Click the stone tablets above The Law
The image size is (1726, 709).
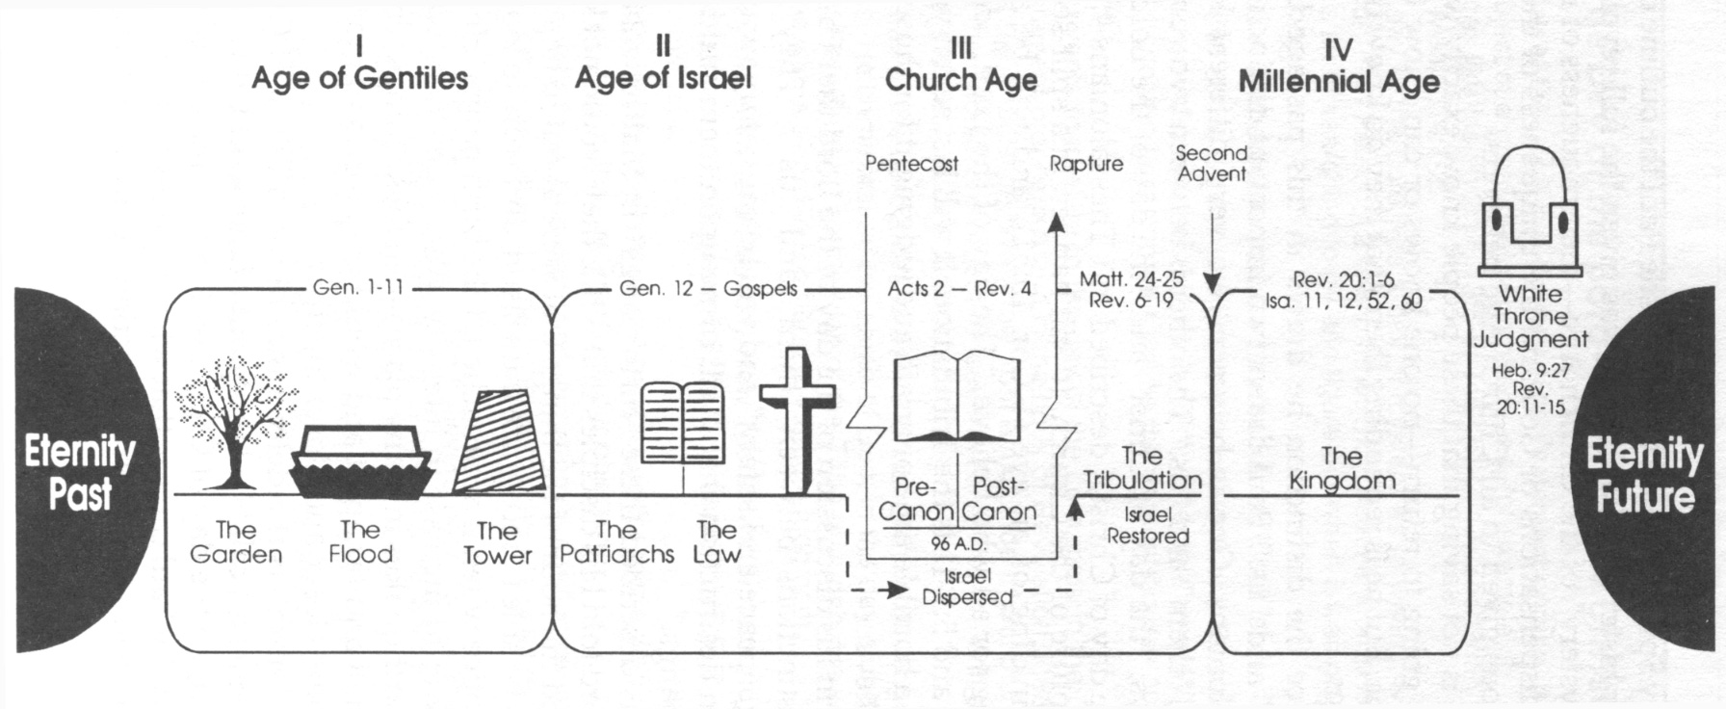[x=683, y=424]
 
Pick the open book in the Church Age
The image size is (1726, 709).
[x=957, y=397]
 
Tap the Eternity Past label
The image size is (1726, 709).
[x=80, y=472]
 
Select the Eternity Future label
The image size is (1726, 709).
[x=1644, y=475]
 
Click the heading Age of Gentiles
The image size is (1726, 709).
[x=359, y=78]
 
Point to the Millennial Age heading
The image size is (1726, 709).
[x=1339, y=81]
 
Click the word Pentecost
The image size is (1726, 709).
[x=911, y=164]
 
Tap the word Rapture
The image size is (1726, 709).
[x=1085, y=164]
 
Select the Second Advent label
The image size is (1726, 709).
[x=1212, y=164]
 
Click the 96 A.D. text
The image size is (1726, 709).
[x=958, y=544]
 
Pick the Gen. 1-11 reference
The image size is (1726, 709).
[x=358, y=287]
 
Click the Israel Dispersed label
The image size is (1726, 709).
[x=967, y=587]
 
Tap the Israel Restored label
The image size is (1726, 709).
[x=1147, y=526]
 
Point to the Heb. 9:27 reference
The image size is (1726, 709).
[x=1530, y=370]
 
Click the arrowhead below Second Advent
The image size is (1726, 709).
[x=1213, y=283]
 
